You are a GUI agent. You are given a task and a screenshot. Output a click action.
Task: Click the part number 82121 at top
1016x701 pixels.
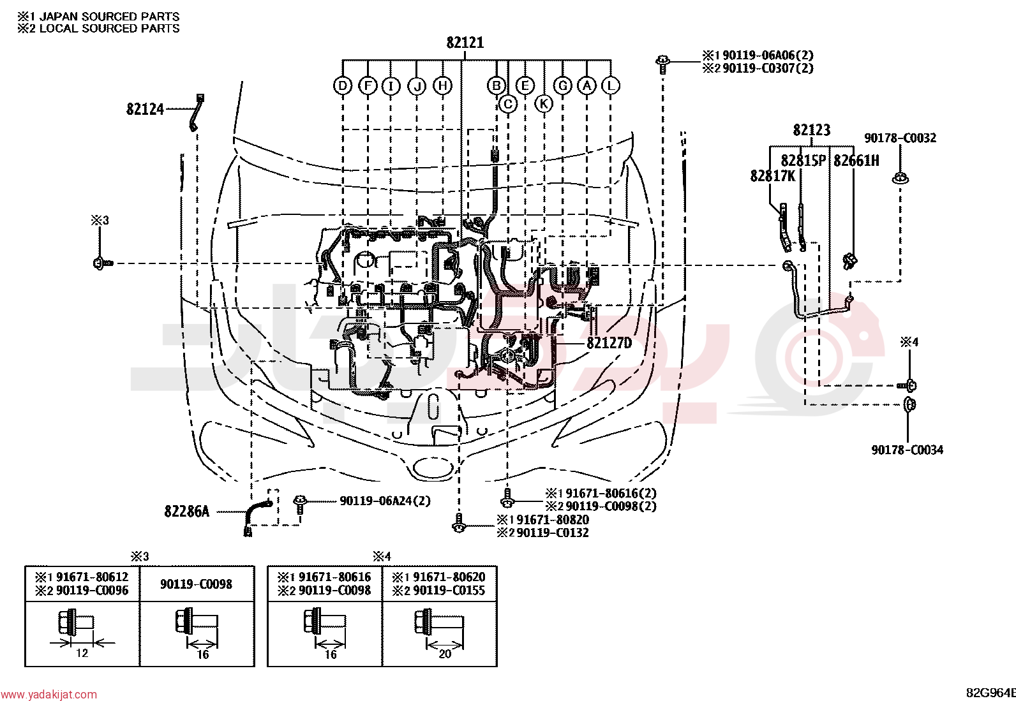[x=465, y=43]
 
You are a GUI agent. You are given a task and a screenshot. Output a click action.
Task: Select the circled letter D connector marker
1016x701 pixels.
[x=343, y=85]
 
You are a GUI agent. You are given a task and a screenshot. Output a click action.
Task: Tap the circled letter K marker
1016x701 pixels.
[x=543, y=104]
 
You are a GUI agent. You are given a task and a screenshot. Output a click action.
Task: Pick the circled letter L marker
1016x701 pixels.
[x=611, y=85]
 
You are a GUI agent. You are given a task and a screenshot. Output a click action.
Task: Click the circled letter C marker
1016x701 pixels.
[x=508, y=104]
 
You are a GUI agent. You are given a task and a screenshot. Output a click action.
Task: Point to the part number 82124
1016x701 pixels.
[x=145, y=109]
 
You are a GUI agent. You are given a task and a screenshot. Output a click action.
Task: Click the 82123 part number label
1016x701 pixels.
[x=811, y=130]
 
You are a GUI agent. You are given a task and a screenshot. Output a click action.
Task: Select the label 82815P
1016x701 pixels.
[x=803, y=161]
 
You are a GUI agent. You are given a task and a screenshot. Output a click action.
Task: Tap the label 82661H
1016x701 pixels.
[x=856, y=161]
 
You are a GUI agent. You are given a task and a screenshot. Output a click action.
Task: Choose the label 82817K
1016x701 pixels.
[x=773, y=176]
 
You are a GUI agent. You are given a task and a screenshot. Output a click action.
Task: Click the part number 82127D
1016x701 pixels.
[x=609, y=343]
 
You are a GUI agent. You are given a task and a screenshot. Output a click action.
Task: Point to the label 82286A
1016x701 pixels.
[x=187, y=512]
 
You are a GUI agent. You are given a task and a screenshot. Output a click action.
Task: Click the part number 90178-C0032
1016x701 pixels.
[x=900, y=138]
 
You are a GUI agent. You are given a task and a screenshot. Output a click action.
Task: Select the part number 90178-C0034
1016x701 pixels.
[x=907, y=450]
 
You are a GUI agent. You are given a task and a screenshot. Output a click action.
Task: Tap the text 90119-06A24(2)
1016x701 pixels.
[x=385, y=501]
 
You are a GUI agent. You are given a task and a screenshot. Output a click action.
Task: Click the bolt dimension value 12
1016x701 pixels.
[x=82, y=653]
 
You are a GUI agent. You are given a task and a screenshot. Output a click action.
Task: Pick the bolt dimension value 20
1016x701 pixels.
[x=445, y=654]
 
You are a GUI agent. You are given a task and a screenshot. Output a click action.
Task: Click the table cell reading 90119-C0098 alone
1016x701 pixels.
[x=196, y=584]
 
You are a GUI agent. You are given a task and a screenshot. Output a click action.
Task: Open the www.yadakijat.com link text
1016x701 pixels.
[x=49, y=694]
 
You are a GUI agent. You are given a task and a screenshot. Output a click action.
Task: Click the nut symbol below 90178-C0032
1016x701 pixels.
[x=900, y=178]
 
